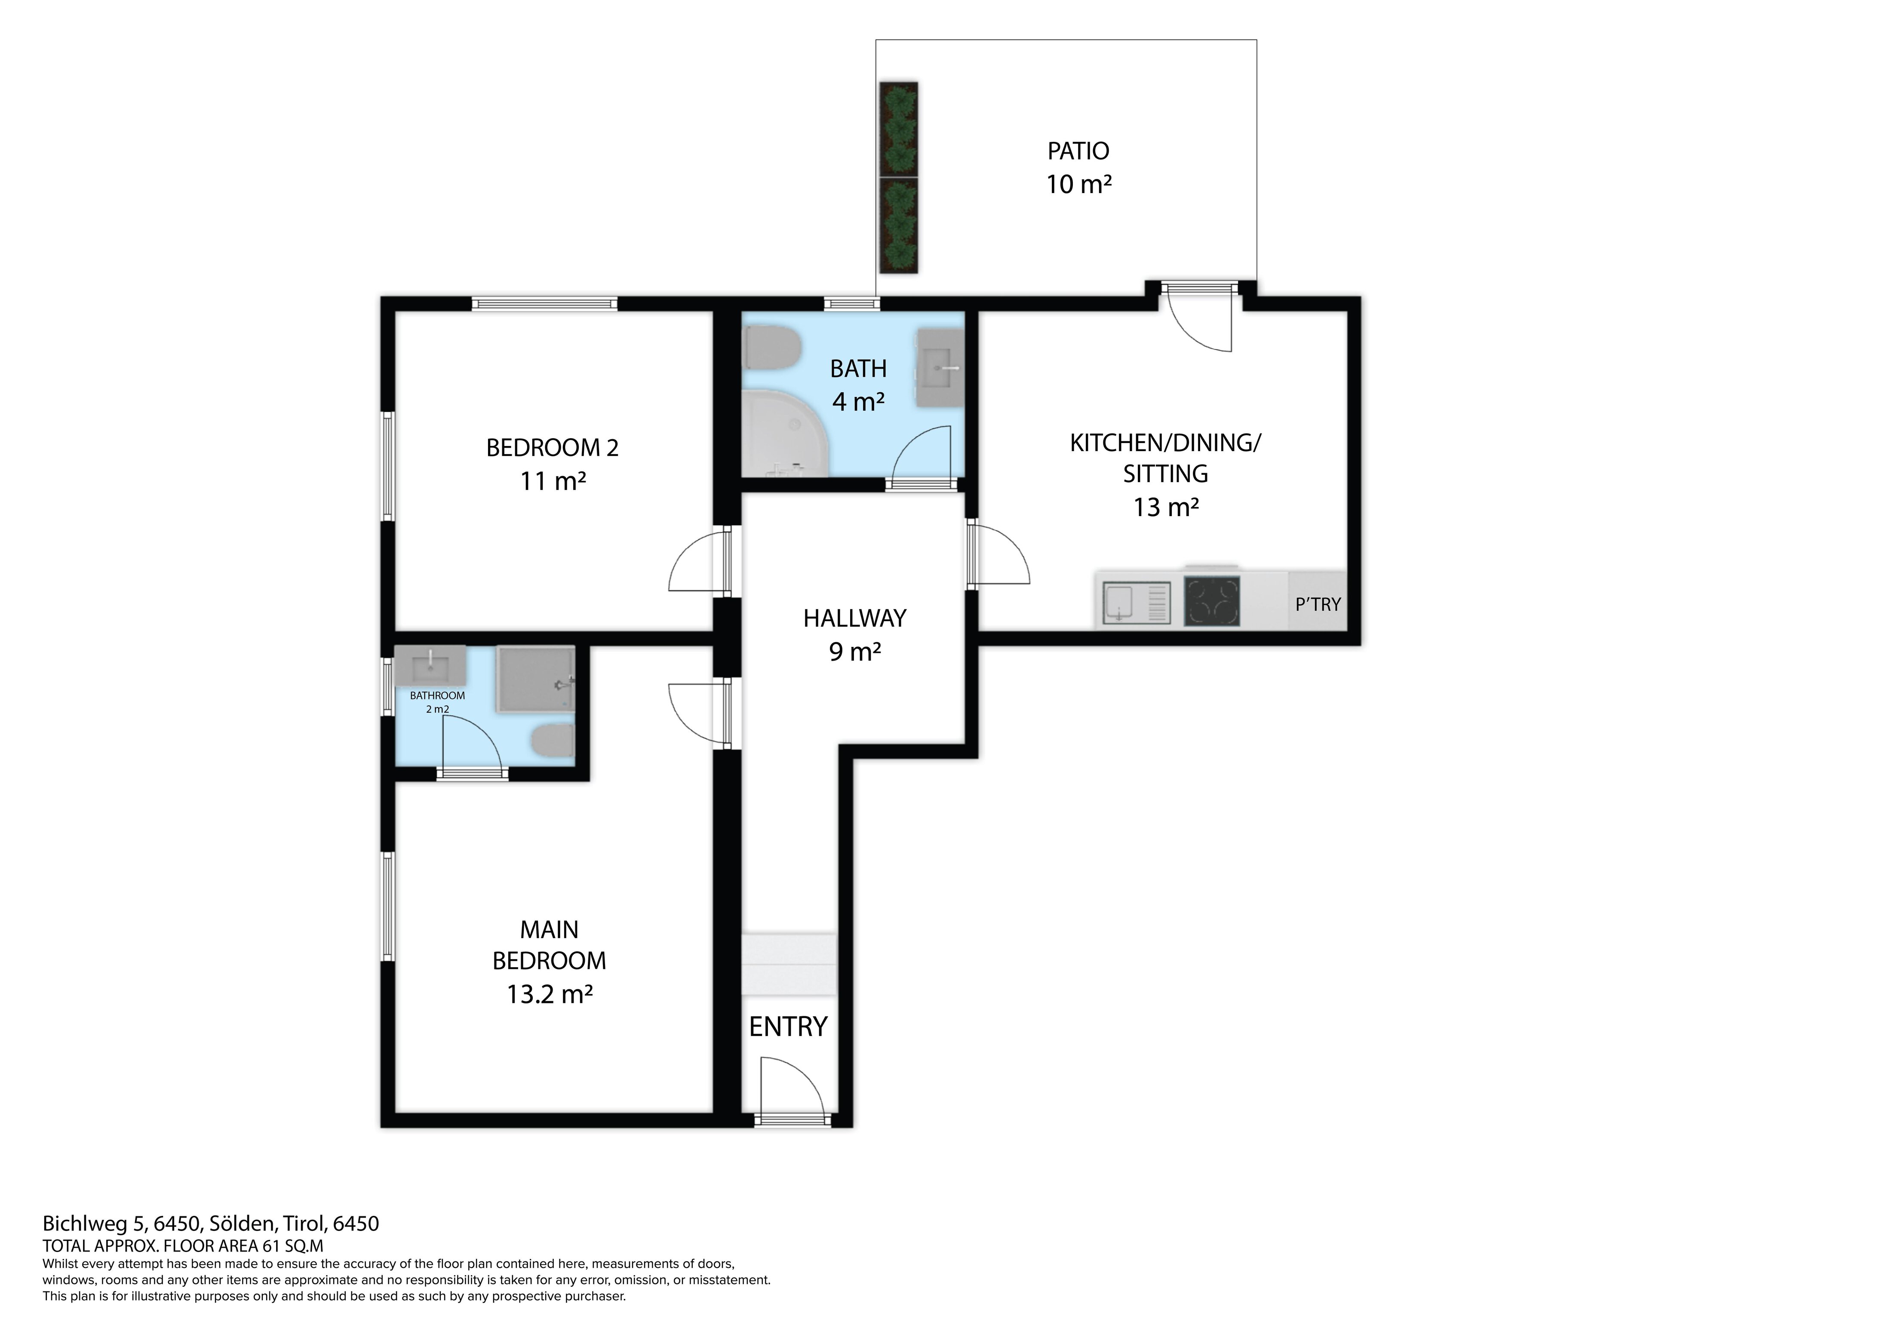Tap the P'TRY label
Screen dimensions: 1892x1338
pyautogui.click(x=1318, y=604)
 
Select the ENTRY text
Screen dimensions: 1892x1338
pyautogui.click(x=788, y=1026)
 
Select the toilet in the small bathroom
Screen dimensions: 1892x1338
pyautogui.click(x=552, y=742)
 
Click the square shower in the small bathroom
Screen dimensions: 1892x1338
pyautogui.click(x=534, y=679)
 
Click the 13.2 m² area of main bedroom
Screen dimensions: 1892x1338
pyautogui.click(x=550, y=994)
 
